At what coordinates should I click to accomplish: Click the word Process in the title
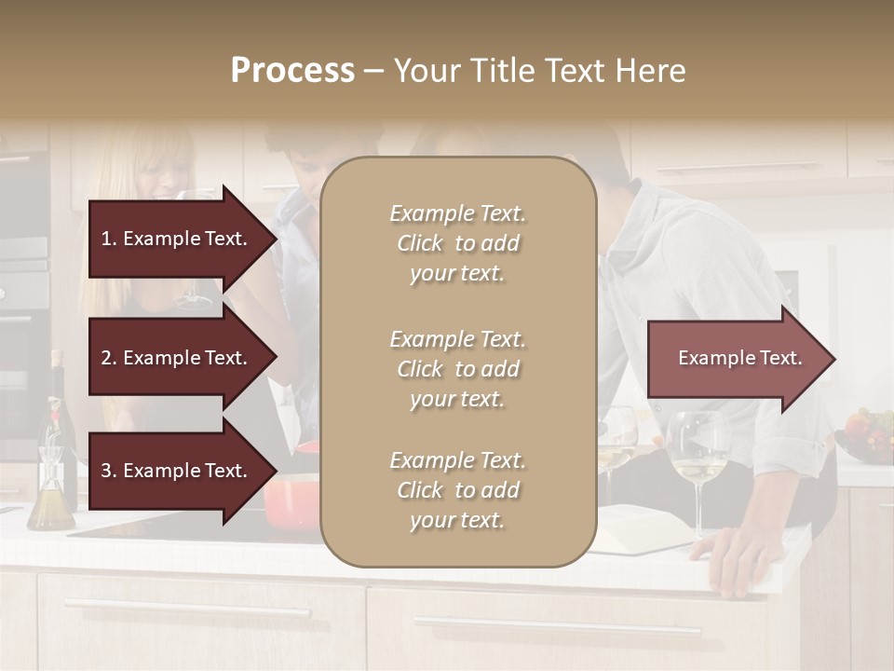[x=292, y=71]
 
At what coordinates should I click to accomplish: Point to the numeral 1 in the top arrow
[x=106, y=239]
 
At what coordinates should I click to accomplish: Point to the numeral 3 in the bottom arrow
[x=106, y=472]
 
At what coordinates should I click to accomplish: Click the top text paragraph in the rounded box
[x=457, y=243]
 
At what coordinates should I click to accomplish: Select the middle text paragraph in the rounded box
[x=457, y=369]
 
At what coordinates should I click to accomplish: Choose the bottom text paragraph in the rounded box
[x=457, y=490]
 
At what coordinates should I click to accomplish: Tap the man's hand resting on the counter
[x=736, y=559]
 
